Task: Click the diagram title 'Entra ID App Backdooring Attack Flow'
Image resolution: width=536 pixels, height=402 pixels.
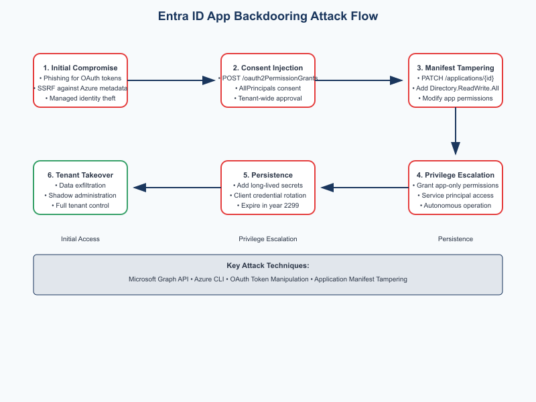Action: [268, 16]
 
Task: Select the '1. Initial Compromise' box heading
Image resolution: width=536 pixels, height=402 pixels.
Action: [80, 68]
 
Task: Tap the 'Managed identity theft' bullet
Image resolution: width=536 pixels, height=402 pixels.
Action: [80, 98]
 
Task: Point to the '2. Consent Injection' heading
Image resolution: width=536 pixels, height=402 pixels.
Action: [268, 68]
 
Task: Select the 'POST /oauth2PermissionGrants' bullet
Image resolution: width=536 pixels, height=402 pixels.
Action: [268, 78]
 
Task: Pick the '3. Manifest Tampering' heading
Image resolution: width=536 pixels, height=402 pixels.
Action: [456, 68]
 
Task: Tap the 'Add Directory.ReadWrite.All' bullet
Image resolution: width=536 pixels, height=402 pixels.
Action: [456, 88]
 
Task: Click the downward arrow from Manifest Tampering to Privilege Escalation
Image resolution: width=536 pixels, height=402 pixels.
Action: [456, 131]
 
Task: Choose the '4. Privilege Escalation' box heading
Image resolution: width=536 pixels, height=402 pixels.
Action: [456, 175]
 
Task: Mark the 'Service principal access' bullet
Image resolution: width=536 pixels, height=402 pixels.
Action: [456, 195]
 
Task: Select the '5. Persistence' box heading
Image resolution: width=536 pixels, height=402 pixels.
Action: [268, 175]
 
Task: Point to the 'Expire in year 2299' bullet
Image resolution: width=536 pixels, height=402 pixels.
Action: [268, 205]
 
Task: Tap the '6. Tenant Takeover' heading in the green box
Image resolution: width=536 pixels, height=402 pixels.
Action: [80, 175]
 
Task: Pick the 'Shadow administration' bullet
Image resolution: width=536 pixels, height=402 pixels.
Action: [80, 195]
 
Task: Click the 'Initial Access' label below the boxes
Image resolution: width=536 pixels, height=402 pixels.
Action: [80, 239]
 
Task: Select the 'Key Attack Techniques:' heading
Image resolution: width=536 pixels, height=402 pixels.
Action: [268, 265]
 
